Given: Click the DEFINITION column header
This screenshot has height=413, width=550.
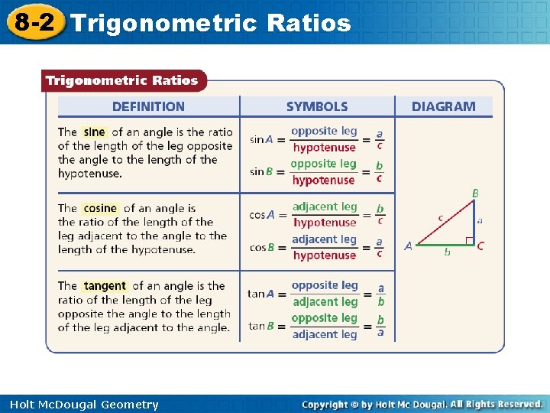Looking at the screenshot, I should click(148, 106).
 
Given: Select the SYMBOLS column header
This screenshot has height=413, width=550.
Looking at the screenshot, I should click(316, 106).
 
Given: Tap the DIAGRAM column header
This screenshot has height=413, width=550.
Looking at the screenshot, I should click(443, 106).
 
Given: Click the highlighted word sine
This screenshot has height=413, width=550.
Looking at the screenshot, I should click(94, 132).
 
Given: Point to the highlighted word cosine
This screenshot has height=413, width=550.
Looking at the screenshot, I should click(100, 208).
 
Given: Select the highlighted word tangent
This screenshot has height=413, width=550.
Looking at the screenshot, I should click(105, 286).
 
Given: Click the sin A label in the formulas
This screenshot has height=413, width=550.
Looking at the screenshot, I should click(261, 139).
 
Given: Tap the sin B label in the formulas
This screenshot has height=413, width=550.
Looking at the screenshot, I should click(261, 171).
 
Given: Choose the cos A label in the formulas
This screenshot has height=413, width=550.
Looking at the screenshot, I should click(261, 215).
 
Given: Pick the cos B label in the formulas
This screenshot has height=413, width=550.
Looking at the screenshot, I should click(261, 247).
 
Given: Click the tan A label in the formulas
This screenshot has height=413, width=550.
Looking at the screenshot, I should click(260, 294).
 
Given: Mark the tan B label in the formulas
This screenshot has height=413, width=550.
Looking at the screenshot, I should click(260, 326).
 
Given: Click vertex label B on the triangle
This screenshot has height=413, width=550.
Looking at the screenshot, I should click(475, 194).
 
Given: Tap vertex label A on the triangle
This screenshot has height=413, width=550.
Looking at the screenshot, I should click(409, 246).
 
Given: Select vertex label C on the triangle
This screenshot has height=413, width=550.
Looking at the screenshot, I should click(480, 246).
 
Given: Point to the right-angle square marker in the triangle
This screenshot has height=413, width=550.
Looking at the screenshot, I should click(469, 240).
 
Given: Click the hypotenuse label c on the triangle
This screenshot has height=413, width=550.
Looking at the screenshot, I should click(440, 218).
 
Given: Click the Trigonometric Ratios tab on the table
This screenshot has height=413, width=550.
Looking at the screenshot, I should click(122, 80).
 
